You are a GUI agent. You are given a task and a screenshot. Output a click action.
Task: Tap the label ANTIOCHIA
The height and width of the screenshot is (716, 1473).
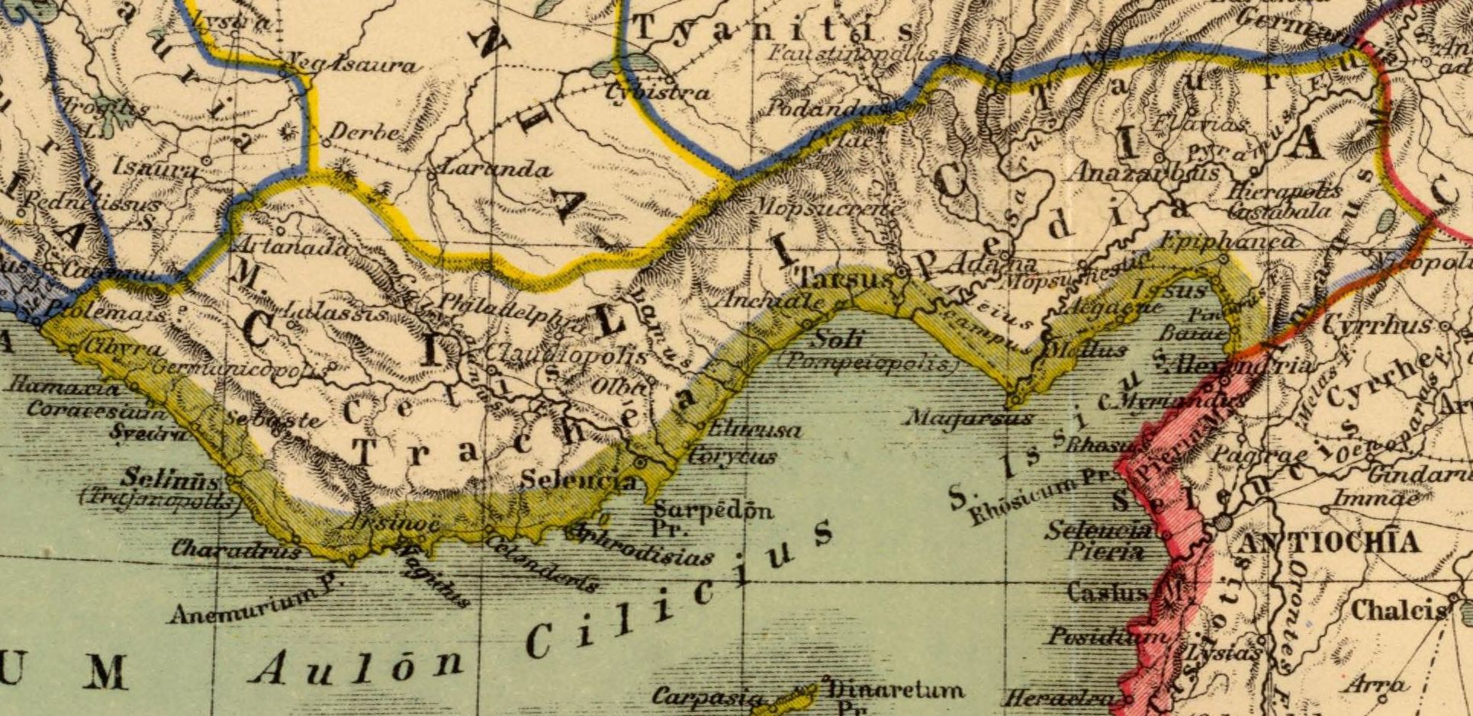point(1328,543)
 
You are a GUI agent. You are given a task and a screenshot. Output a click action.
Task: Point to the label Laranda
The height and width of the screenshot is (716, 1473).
point(487,169)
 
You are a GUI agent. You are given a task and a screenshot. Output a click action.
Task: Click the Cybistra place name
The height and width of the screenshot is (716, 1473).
point(658,93)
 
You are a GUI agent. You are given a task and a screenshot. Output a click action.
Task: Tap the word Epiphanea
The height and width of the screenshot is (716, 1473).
point(1230,241)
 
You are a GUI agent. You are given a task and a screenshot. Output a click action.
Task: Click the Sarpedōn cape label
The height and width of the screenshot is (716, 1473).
point(714,510)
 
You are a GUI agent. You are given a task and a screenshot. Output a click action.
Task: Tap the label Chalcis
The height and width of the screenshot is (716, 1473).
point(1398,610)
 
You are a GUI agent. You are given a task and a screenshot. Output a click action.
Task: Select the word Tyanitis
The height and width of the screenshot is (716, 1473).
point(775,30)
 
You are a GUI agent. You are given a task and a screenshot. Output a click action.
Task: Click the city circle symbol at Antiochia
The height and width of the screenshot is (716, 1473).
point(1222,522)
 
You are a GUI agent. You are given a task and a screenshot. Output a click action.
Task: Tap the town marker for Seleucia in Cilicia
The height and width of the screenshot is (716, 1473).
point(641,462)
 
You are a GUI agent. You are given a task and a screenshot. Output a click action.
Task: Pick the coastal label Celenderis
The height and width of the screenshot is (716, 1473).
point(541,564)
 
